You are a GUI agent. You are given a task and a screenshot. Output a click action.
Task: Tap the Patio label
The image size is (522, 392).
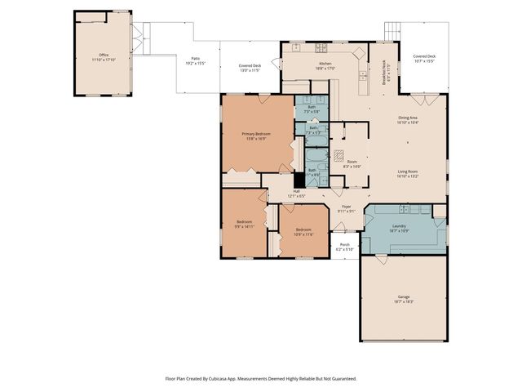196,60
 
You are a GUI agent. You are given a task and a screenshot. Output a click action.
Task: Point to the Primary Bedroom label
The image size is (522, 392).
255,136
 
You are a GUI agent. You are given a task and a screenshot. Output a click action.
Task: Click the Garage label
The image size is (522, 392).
405,299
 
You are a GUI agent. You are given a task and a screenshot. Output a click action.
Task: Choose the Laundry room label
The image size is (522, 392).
399,228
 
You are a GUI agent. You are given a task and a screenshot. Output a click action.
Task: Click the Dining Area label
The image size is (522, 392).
408,120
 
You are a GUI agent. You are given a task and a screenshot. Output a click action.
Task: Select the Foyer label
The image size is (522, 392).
346,208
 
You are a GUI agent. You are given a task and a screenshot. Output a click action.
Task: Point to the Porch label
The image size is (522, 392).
344,247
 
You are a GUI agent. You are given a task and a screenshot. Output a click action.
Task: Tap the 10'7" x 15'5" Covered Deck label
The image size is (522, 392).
425,59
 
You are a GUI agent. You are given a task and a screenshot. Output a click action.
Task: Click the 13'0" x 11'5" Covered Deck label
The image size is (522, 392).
250,68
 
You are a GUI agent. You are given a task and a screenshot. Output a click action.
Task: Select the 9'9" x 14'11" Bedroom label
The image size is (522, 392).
245,224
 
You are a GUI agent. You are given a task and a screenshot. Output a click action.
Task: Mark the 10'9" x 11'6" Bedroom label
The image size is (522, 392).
303,231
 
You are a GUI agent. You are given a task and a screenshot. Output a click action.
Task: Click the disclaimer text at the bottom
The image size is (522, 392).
261,379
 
